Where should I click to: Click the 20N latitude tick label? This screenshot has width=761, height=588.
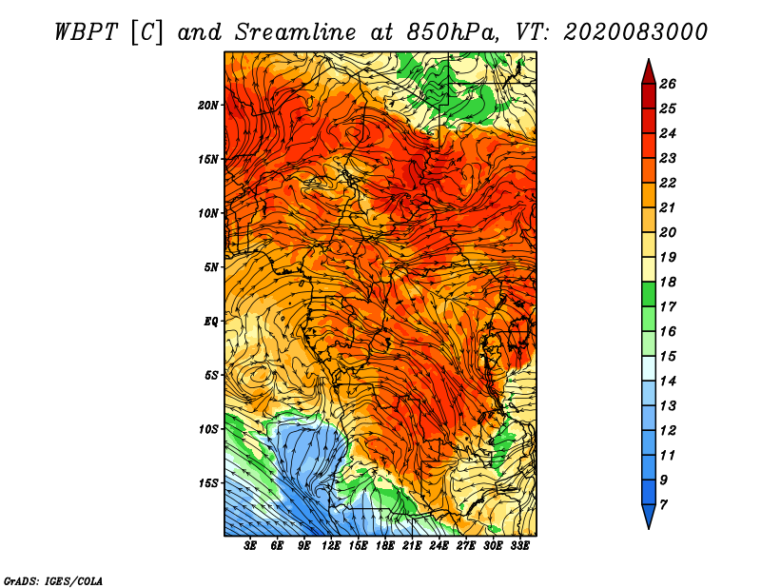pos(208,106)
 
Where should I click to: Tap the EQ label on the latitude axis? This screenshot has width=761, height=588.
pos(211,322)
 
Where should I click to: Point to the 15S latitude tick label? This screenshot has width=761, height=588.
pos(208,483)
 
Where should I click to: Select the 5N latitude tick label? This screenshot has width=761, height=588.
pos(211,267)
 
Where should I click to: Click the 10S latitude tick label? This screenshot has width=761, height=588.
pos(208,429)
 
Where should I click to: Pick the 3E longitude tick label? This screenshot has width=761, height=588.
pos(250,546)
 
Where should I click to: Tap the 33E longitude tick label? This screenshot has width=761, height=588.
pos(519,546)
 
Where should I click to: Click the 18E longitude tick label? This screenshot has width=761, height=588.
pos(385,546)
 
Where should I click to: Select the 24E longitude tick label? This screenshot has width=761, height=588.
pos(439,546)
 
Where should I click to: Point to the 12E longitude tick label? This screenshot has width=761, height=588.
pos(331,546)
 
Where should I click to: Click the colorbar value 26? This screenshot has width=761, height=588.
pos(668,84)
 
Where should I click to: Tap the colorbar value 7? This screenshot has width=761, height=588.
pos(663,504)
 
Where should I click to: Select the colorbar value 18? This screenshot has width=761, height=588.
pos(668,282)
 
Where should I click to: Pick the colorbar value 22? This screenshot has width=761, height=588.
pos(668,183)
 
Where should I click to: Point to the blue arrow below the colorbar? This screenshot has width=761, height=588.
pos(649,516)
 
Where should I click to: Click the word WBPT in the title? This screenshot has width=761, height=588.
pos(86,32)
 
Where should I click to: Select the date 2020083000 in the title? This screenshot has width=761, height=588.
pos(635,32)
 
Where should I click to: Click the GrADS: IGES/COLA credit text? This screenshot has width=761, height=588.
pos(53,580)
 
